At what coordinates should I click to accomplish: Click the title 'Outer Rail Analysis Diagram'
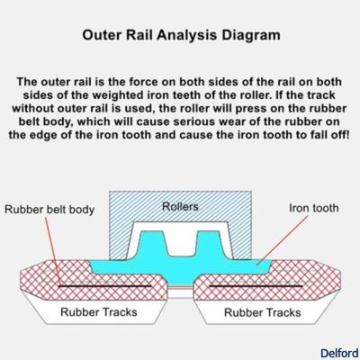[x=180, y=36]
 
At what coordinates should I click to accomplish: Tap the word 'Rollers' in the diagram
[x=180, y=206]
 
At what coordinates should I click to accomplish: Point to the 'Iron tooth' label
[x=312, y=208]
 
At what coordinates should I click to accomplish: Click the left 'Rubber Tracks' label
[x=98, y=313]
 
